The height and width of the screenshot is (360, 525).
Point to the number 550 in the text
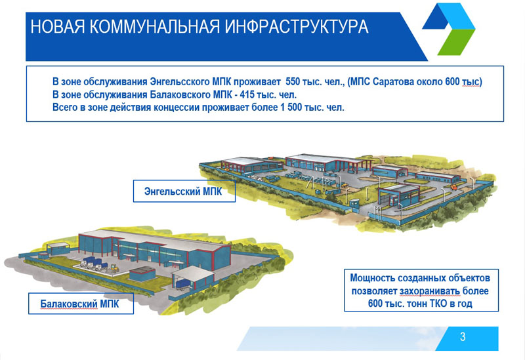(293, 82)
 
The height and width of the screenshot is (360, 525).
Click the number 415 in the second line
(250, 94)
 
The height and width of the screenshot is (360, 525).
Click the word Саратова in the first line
(400, 82)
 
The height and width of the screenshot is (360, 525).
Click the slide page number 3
(463, 338)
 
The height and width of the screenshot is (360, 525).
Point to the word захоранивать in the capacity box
(425, 290)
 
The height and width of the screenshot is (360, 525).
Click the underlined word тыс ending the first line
(471, 82)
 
